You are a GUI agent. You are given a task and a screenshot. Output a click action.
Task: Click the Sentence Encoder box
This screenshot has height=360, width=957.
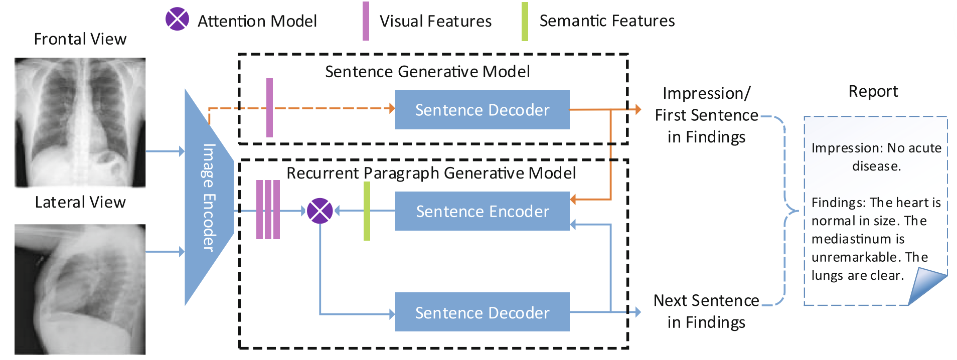[482, 211]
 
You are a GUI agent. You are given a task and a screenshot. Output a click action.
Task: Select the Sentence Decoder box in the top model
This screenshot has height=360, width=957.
[482, 110]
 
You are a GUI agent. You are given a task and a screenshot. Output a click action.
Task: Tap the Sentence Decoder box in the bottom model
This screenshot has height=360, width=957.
[482, 312]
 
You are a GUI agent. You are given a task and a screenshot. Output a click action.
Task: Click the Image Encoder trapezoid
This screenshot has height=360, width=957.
[208, 198]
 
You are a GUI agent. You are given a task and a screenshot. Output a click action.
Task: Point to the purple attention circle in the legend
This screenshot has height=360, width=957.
[177, 20]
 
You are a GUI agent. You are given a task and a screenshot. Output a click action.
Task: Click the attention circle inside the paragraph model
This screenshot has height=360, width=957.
[320, 211]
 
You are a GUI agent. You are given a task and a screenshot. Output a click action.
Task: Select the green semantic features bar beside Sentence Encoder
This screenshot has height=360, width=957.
[367, 211]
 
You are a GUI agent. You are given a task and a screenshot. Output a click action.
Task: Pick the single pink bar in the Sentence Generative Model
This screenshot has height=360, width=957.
[269, 108]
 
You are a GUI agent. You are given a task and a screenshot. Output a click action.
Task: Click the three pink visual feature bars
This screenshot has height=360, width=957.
[268, 210]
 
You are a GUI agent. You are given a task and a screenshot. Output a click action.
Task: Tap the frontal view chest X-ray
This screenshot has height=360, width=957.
[80, 122]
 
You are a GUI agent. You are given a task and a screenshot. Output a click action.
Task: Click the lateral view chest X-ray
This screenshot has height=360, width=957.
[80, 289]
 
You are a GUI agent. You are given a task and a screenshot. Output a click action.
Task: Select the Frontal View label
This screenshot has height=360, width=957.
[80, 39]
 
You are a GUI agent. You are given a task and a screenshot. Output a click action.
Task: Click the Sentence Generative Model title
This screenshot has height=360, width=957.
[427, 72]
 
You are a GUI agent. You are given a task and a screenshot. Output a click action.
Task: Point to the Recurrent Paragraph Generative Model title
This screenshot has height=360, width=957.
[431, 173]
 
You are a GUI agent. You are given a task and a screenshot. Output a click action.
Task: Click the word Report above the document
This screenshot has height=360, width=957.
[873, 91]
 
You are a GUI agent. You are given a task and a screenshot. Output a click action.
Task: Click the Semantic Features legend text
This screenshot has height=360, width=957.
[607, 21]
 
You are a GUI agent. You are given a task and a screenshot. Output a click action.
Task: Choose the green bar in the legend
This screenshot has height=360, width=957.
[525, 22]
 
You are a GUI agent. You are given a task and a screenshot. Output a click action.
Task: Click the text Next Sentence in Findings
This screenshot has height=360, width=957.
[706, 311]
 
